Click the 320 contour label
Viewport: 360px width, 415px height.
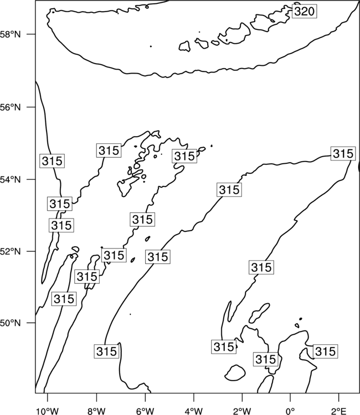305,11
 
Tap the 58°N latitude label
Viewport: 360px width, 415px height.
11,34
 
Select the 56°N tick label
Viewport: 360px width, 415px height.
11,107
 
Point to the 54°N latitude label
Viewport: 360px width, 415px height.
11,180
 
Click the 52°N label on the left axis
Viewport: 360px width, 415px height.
11,251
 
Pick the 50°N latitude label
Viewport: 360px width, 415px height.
11,323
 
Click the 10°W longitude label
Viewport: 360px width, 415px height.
48,411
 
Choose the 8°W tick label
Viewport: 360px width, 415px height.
96,411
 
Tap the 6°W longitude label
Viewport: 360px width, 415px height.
145,411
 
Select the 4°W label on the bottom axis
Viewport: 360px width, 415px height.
194,411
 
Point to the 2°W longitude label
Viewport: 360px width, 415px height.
242,411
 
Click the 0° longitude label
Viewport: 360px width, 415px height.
291,411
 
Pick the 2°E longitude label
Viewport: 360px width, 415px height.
339,411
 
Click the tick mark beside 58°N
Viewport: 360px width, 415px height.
32,34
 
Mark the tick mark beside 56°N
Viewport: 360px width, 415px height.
32,107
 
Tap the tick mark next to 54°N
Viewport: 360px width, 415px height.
32,179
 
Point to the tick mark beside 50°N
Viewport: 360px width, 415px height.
32,323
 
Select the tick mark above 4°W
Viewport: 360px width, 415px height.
194,397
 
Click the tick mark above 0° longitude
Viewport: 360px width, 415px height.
290,397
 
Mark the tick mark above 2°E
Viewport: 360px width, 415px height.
339,397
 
